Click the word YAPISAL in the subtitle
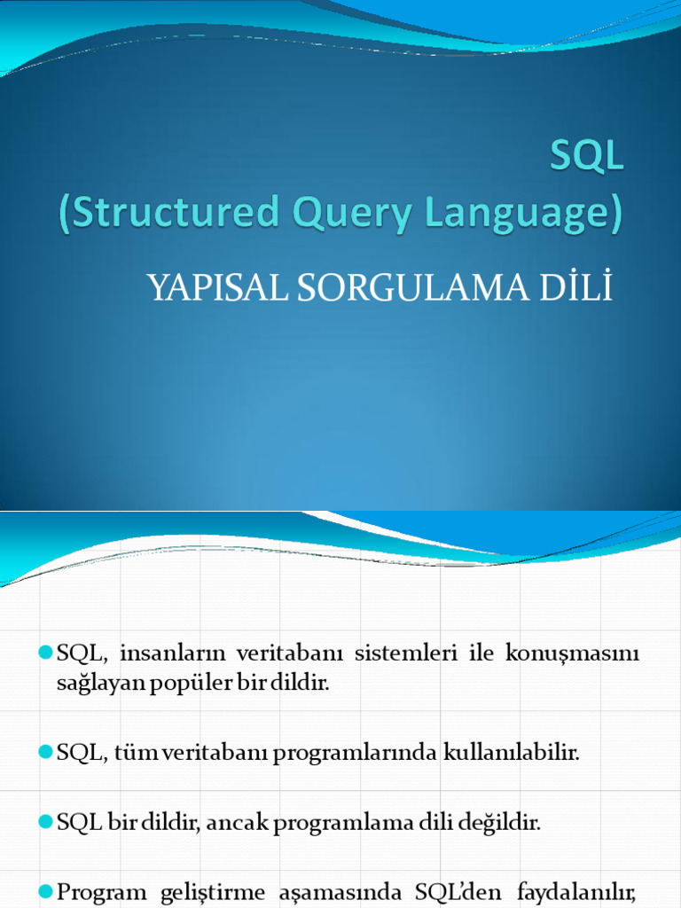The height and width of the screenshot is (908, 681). pos(210,288)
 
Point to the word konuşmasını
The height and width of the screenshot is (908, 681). pos(572,654)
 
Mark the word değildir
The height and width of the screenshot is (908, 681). pos(500,822)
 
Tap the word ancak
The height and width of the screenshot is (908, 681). pos(239,822)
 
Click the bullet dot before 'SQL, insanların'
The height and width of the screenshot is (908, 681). pos(47,654)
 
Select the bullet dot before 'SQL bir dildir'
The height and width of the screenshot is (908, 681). pos(47,821)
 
